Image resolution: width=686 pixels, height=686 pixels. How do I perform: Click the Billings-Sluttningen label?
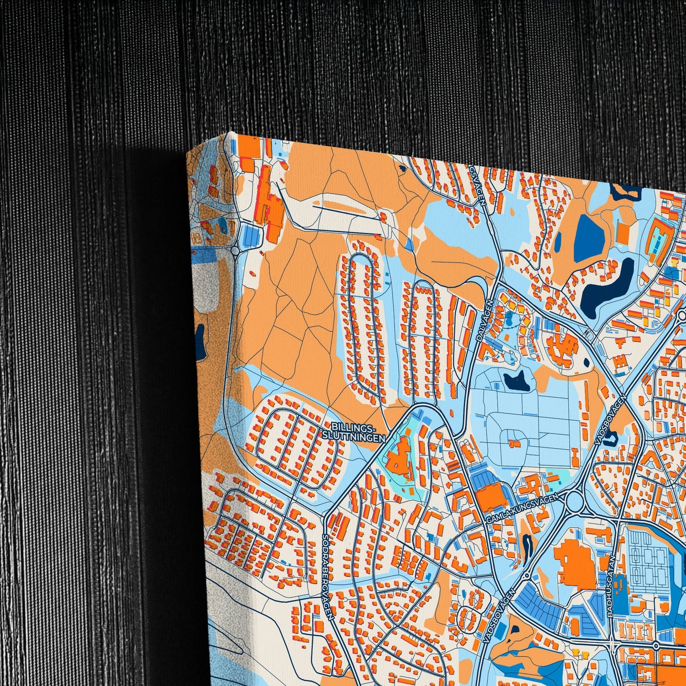[354, 432]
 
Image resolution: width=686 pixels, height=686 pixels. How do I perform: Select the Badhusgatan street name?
[612, 586]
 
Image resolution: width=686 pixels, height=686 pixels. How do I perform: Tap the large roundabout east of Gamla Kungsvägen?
[574, 501]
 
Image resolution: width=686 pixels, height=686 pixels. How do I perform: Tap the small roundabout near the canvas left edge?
[235, 250]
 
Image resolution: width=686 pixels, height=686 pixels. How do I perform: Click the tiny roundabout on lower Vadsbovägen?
[526, 576]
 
